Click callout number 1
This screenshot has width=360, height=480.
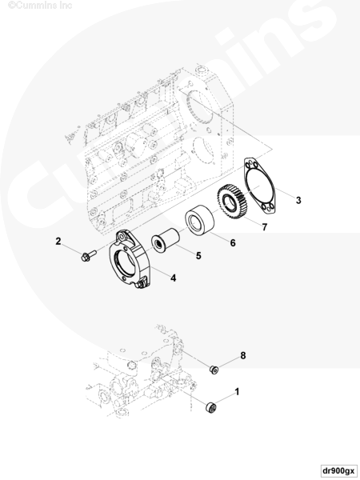(237, 391)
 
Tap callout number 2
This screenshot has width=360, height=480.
(58, 242)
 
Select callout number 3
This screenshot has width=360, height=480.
(298, 200)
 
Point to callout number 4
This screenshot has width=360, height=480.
(174, 278)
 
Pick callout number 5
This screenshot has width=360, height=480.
(198, 256)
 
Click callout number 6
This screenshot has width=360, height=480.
(233, 242)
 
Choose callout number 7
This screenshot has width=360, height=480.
(265, 227)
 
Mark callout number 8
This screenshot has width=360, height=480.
(243, 355)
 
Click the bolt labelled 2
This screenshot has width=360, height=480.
(89, 256)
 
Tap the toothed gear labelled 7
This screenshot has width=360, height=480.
(233, 201)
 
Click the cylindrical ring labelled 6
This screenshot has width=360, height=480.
(199, 220)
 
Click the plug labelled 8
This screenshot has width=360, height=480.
(214, 369)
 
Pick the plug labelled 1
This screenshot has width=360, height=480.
(211, 408)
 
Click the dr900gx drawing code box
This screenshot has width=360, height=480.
(339, 470)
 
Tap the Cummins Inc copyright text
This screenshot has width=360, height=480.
(40, 6)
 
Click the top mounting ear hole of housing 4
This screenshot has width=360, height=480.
(122, 237)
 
